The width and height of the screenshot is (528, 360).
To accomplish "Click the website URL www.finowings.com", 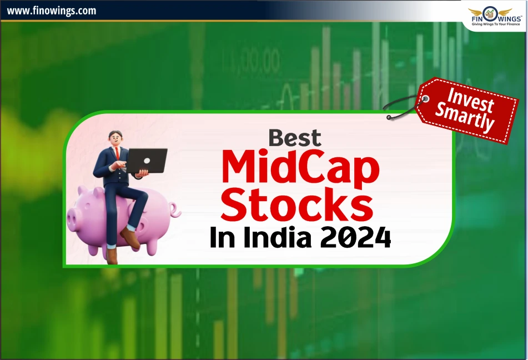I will (51, 11).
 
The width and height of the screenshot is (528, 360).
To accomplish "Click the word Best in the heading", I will (295, 138).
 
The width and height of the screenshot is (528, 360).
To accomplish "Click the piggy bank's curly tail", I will (175, 211).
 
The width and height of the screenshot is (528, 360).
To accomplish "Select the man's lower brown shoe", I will (112, 256).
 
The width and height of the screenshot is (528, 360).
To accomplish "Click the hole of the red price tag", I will (425, 99).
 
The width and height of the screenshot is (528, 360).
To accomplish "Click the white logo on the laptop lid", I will (147, 161).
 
